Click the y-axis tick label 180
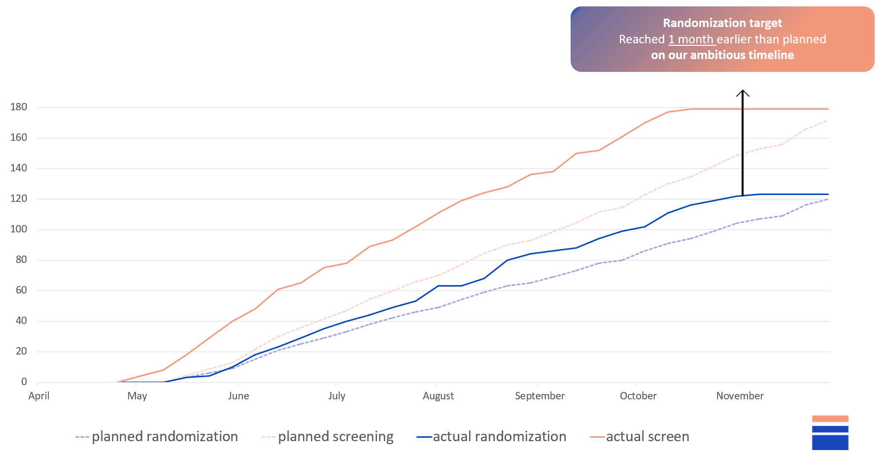19,107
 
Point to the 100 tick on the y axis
19,229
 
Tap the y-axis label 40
21,321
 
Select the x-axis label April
39,396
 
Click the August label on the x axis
438,396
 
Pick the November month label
740,396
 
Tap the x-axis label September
540,396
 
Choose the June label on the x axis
238,396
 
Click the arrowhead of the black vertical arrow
743,92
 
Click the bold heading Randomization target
722,23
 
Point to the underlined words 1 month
691,39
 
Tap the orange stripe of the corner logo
830,419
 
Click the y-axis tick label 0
24,382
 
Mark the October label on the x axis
638,396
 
